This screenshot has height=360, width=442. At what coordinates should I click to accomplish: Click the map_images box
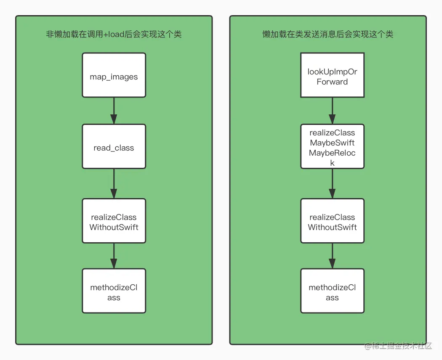pyautogui.click(x=114, y=75)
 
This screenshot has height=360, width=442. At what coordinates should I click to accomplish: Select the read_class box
pyautogui.click(x=114, y=146)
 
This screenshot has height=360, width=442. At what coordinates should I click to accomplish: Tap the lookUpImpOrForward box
pyautogui.click(x=332, y=75)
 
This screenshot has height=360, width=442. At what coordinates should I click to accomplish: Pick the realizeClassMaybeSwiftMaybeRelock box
pyautogui.click(x=332, y=146)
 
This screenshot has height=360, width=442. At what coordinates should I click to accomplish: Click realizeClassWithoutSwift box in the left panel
pyautogui.click(x=114, y=221)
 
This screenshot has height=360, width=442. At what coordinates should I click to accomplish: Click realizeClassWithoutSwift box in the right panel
pyautogui.click(x=332, y=221)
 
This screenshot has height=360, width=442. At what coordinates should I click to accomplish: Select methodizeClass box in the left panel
pyautogui.click(x=114, y=291)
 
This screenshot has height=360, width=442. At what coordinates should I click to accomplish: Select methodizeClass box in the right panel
pyautogui.click(x=332, y=291)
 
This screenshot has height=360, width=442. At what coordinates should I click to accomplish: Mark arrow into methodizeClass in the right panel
pyautogui.click(x=332, y=256)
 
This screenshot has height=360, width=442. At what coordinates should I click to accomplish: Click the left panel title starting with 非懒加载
pyautogui.click(x=114, y=34)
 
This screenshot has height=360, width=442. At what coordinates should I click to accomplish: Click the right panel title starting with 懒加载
pyautogui.click(x=328, y=34)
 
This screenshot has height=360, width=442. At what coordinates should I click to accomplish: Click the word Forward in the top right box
pyautogui.click(x=332, y=82)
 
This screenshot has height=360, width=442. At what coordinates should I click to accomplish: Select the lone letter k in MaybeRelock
pyautogui.click(x=332, y=163)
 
